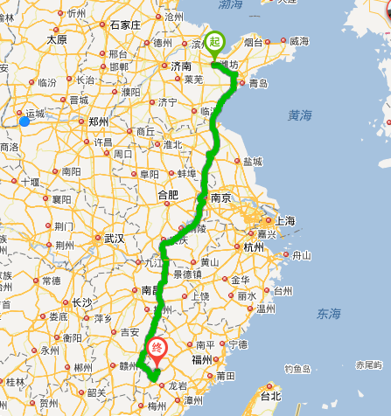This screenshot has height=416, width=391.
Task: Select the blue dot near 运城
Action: pyautogui.click(x=24, y=121)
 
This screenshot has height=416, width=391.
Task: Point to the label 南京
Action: pyautogui.click(x=220, y=198)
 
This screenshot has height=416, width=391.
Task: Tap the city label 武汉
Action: pyautogui.click(x=114, y=237)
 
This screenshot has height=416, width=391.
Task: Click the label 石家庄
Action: pyautogui.click(x=126, y=24)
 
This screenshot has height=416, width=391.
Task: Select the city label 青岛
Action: pyautogui.click(x=258, y=84)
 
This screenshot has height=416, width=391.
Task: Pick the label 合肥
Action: pyautogui.click(x=167, y=195)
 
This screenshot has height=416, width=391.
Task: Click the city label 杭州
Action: pyautogui.click(x=254, y=247)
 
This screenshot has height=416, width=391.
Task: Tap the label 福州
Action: pyautogui.click(x=201, y=358)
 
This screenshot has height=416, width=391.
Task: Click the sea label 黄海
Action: pyautogui.click(x=300, y=114)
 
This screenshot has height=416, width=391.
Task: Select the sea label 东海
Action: pyautogui.click(x=330, y=313)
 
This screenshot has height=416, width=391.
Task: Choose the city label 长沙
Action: pyautogui.click(x=81, y=302)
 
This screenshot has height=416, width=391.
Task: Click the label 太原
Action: pyautogui.click(x=57, y=39)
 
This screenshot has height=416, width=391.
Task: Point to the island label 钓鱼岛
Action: pyautogui.click(x=298, y=369)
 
